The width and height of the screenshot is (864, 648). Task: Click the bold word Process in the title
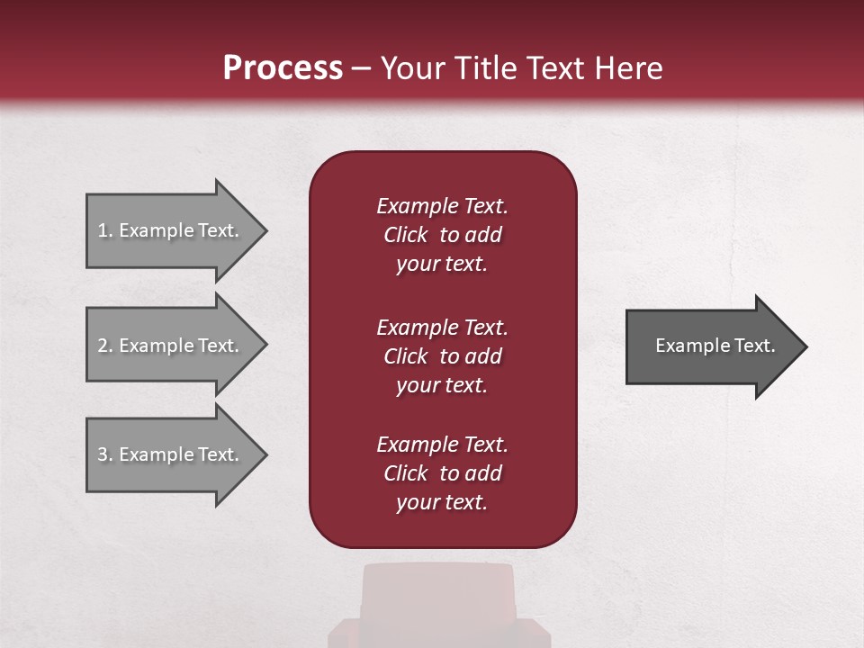coord(283,68)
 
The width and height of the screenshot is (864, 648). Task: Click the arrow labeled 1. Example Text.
coord(171,230)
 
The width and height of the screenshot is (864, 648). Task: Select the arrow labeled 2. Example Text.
coord(171,346)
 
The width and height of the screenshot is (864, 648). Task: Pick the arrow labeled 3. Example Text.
coord(171,454)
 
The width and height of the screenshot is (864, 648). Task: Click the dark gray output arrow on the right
coord(711,346)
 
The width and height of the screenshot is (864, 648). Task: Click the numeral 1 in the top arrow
coord(103,230)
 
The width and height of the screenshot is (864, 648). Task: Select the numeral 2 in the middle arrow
coord(103,346)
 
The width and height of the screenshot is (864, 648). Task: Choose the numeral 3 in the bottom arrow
coord(103,454)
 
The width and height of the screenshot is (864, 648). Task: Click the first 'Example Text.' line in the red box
coord(442,206)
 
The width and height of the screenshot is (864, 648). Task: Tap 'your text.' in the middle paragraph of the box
coord(442,385)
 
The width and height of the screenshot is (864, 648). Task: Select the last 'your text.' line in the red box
coord(442,502)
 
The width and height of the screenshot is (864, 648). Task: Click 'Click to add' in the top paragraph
coord(442,235)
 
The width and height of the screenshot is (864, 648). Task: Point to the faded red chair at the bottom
coord(438,603)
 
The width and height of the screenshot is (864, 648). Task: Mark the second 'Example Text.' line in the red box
coord(442,328)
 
